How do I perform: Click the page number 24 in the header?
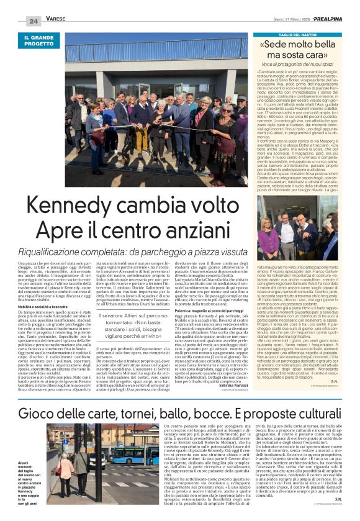click(34, 22)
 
